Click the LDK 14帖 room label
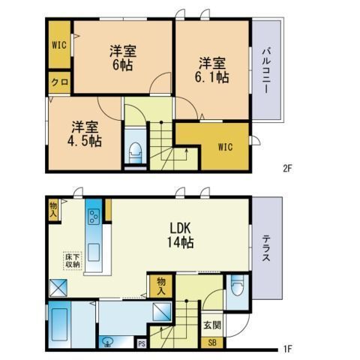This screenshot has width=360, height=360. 181,235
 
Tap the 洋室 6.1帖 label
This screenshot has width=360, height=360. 212,70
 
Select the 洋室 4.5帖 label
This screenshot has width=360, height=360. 85,134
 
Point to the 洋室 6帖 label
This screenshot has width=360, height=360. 123,58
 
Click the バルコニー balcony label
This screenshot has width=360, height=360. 266,71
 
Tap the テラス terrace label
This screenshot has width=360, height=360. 266,249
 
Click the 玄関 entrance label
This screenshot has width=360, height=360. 212,325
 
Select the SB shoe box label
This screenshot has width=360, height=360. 212,343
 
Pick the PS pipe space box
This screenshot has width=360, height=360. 142,343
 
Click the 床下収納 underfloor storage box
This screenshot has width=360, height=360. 73,261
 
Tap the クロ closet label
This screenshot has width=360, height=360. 60,82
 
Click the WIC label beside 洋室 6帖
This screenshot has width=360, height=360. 59,45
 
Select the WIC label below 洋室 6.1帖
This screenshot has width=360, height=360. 225,147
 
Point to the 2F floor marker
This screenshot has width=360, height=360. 287,168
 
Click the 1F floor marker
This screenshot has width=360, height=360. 287,349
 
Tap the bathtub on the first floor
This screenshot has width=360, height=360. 59,325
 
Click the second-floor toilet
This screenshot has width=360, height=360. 135,153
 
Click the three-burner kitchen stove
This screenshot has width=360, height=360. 94,216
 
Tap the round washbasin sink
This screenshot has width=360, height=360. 108,342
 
